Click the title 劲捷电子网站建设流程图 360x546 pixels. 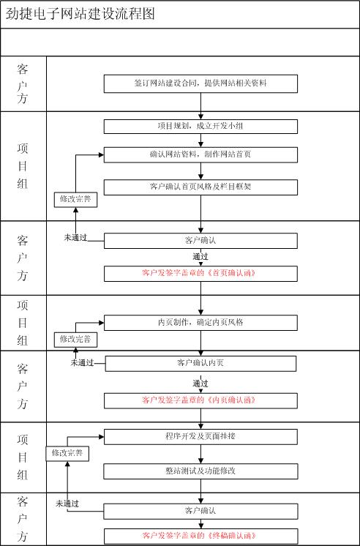80,15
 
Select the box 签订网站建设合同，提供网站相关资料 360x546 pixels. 200,83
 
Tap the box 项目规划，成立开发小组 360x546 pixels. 200,127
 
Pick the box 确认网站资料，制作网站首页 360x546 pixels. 200,155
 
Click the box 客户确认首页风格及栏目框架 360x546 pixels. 200,187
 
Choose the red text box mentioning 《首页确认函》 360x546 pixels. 200,274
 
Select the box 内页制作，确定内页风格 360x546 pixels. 200,323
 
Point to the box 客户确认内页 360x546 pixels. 200,364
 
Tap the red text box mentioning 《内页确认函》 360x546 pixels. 200,400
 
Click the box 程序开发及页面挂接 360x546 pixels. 200,437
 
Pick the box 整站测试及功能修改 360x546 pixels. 200,471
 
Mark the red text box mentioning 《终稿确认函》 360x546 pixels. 200,536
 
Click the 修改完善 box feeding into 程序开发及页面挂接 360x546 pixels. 67,453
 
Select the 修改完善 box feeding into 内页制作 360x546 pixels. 75,340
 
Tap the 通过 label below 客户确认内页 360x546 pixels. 200,384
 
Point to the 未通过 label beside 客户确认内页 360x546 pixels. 83,363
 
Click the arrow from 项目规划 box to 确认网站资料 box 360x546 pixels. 201,141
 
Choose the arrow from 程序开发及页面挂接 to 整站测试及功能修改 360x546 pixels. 201,454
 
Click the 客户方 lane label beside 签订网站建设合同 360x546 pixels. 23,84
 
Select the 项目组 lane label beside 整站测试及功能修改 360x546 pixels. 23,457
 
